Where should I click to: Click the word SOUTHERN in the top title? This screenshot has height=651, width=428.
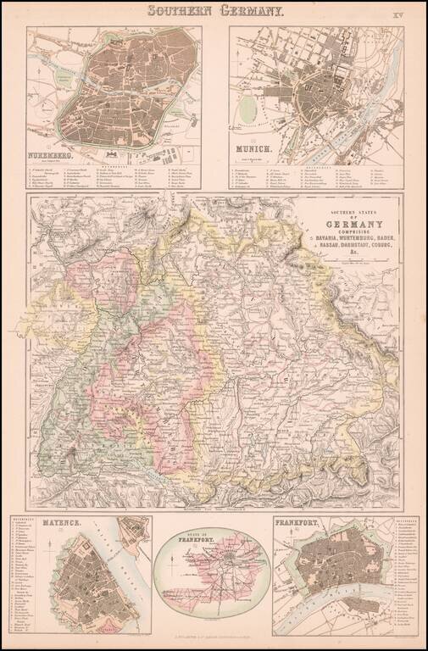click(x=180, y=12)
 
